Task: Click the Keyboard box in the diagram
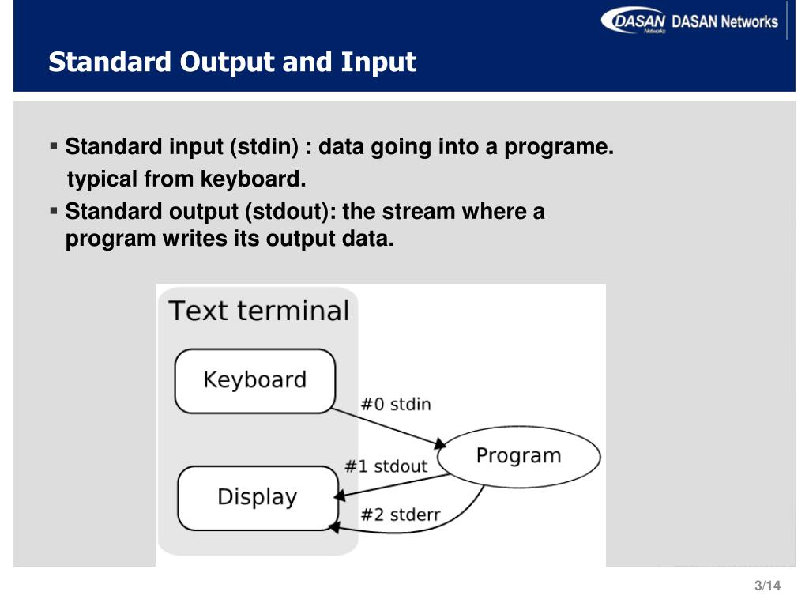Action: tap(254, 380)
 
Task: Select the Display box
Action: tap(258, 497)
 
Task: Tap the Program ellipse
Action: tap(518, 456)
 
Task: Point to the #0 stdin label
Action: tap(396, 404)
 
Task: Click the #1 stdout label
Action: tap(386, 466)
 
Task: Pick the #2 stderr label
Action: tap(401, 515)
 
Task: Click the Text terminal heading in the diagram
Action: tap(259, 311)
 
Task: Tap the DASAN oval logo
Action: tap(634, 21)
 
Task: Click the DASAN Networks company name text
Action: tap(724, 21)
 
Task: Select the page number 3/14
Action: tap(767, 586)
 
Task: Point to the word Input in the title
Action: tap(378, 62)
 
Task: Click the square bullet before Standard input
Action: tap(54, 146)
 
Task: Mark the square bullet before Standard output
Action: tap(54, 211)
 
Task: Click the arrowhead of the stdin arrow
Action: tap(441, 443)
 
